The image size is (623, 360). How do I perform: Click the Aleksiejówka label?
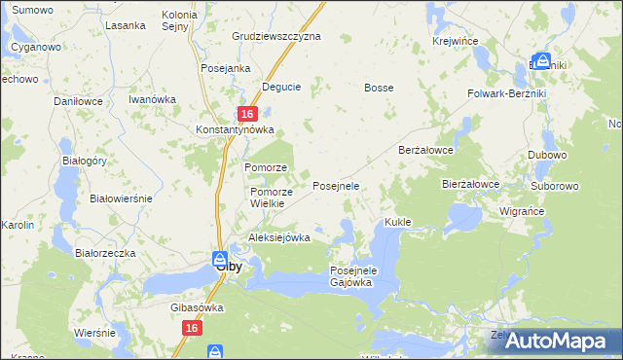click(279, 237)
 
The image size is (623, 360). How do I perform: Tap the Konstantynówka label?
click(236, 129)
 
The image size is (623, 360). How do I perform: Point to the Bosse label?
click(379, 88)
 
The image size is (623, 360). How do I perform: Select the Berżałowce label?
click(426, 150)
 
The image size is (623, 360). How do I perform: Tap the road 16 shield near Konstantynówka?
click(247, 114)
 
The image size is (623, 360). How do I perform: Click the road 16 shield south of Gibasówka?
click(191, 330)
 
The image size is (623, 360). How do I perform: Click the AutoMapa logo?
click(560, 340)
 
